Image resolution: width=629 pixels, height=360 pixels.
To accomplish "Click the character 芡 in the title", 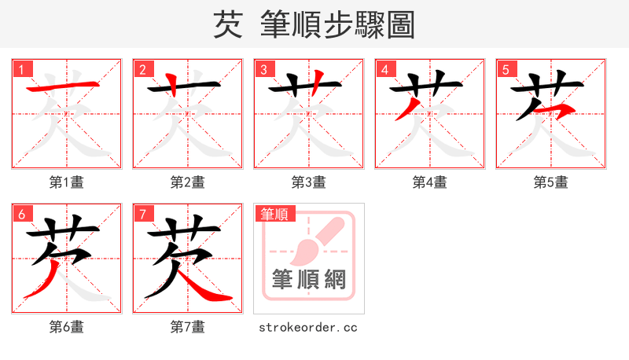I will [227, 25].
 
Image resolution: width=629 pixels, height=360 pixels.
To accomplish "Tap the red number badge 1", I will [21, 69].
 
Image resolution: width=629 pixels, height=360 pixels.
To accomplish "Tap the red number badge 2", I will [142, 69].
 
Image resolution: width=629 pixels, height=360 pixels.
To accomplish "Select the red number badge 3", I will [263, 69].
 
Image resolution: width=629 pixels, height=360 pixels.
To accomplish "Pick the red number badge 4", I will [384, 69].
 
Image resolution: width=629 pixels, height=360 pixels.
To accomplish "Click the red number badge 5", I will [506, 69].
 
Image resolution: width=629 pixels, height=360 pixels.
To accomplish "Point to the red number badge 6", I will [21, 214].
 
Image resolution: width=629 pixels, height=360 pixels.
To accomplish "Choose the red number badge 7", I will [142, 214].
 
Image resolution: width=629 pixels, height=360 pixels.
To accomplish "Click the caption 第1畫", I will [67, 182].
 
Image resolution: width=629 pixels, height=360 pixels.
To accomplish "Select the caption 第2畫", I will [188, 182].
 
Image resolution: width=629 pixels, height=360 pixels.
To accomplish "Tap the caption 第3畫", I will [309, 182].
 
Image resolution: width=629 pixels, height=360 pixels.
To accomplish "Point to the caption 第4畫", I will [430, 182].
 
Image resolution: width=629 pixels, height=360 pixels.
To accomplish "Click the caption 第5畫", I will [551, 182].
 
